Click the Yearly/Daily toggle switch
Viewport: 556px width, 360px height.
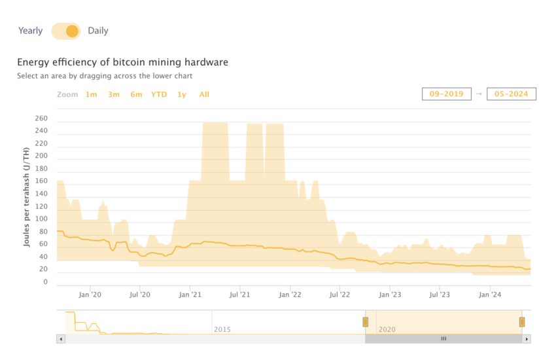coord(65,31)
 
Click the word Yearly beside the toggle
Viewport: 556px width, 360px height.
coord(31,31)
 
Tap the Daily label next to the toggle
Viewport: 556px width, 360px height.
coord(98,31)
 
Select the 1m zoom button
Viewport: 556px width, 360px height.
coord(91,94)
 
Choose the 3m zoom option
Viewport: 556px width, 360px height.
coord(114,94)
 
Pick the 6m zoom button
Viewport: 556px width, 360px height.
coord(136,94)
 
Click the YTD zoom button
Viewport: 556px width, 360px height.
coord(159,94)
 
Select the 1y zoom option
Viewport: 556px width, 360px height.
coord(182,94)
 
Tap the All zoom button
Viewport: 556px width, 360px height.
coord(204,94)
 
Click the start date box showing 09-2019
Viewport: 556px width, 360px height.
coord(446,94)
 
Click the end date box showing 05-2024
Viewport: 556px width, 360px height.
coord(512,94)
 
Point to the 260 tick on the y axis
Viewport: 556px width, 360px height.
coord(41,118)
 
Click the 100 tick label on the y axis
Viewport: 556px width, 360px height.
coord(41,219)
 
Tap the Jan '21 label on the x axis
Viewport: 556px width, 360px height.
coord(190,295)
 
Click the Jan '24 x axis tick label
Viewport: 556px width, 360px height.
coord(491,295)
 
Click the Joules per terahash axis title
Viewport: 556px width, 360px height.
coord(27,197)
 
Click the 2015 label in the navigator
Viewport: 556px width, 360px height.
coord(222,329)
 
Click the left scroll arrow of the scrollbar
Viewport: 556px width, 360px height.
coord(61,338)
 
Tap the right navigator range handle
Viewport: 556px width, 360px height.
coord(522,321)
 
